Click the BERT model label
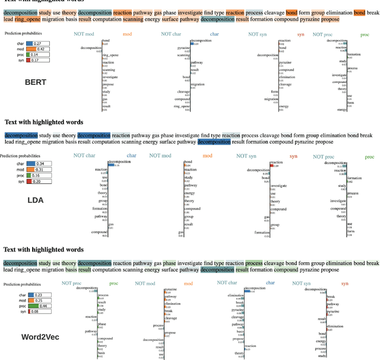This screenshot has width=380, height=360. point(35,82)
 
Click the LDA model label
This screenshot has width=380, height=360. point(36,200)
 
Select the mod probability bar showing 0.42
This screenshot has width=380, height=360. point(39,49)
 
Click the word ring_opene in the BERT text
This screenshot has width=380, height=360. point(28,20)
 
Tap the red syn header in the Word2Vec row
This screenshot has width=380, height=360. point(344,283)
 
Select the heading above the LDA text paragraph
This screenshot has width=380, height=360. point(44,122)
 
